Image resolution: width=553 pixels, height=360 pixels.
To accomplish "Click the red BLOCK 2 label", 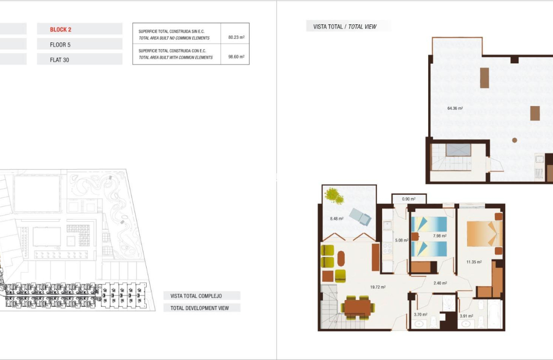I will (x=60, y=29).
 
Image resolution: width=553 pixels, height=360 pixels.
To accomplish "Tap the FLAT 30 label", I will (x=59, y=60).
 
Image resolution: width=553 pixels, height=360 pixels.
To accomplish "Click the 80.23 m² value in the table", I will (x=236, y=37).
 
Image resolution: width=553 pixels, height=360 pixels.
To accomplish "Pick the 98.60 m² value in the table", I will (x=236, y=57).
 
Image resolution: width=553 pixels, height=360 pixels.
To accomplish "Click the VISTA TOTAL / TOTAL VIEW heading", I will (x=345, y=27).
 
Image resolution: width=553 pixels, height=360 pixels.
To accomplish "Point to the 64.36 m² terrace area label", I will (x=455, y=108).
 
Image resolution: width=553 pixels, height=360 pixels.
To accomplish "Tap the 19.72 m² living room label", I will (x=377, y=287).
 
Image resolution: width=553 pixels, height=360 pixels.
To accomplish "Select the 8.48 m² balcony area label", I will (x=336, y=218).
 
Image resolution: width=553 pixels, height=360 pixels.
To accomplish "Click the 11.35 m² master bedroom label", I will (x=474, y=262).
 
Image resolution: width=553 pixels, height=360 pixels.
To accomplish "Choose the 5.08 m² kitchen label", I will (x=401, y=241).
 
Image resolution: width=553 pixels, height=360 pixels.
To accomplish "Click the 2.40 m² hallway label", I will (x=440, y=283).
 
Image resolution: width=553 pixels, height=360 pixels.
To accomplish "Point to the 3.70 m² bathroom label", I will (x=420, y=314).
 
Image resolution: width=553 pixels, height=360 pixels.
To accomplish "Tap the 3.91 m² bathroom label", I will (x=466, y=316).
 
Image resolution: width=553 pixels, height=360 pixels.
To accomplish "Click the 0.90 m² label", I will (x=408, y=199).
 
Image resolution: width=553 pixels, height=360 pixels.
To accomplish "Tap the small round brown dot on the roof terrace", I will (x=514, y=140).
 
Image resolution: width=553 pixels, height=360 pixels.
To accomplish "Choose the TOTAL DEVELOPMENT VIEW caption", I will (x=199, y=308).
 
